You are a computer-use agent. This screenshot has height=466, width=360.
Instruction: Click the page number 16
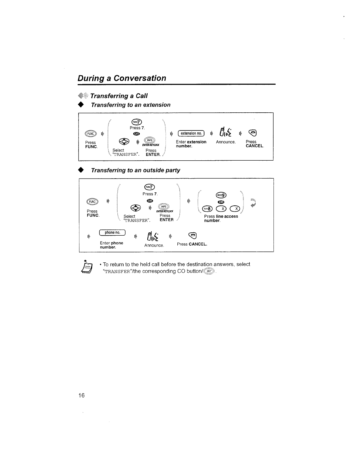[x=81, y=395]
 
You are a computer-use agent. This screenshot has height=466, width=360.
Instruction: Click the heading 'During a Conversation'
[x=122, y=78]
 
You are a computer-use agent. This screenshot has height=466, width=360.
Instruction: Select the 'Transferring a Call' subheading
[x=119, y=96]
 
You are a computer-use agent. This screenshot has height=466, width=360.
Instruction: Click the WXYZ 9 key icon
[x=221, y=194]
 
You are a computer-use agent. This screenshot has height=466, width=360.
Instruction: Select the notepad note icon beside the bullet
[x=88, y=268]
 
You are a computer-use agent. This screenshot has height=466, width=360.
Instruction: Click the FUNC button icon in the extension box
[x=90, y=133]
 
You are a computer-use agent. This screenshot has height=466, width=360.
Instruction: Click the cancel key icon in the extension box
[x=253, y=133]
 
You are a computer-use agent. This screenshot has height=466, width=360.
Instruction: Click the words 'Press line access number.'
[x=221, y=218]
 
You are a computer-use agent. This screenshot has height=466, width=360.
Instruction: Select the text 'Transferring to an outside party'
[x=136, y=170]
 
